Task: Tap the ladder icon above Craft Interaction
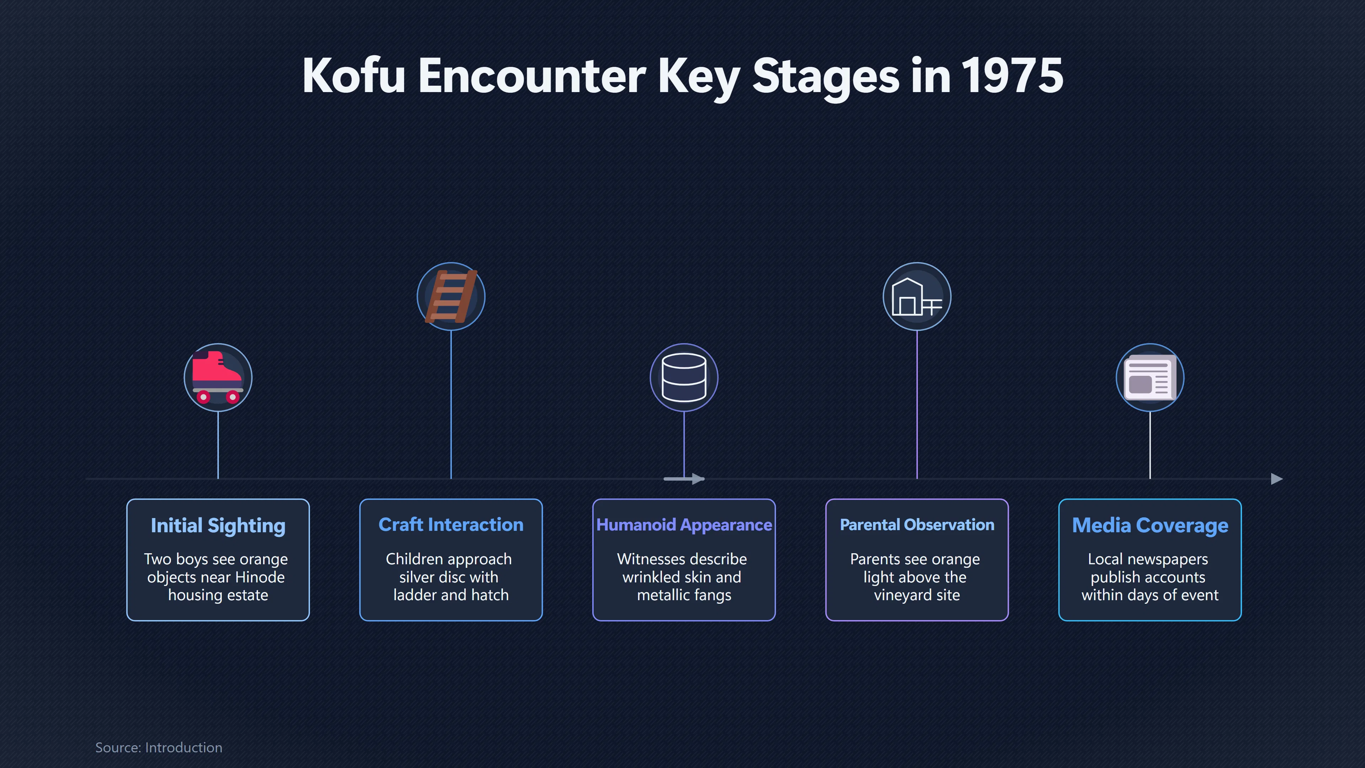pyautogui.click(x=451, y=296)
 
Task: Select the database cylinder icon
pyautogui.click(x=684, y=377)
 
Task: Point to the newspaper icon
pyautogui.click(x=1150, y=377)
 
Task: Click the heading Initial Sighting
pyautogui.click(x=218, y=526)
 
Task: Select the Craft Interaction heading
pyautogui.click(x=451, y=525)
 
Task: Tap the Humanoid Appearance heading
pyautogui.click(x=684, y=525)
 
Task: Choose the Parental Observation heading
pyautogui.click(x=917, y=525)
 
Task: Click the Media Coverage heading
pyautogui.click(x=1150, y=526)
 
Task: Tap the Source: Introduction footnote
pyautogui.click(x=159, y=747)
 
